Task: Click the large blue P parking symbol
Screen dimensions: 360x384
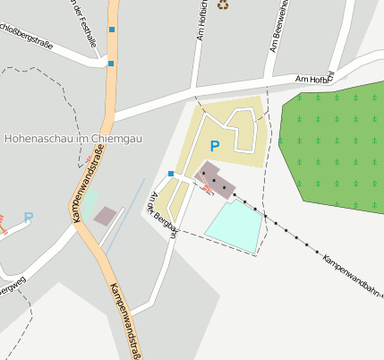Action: pos(213,145)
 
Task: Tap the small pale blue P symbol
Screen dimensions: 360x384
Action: pos(28,217)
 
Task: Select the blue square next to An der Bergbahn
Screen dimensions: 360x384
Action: pos(171,173)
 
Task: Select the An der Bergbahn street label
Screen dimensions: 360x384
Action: pos(165,215)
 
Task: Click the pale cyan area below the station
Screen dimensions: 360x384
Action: pos(235,225)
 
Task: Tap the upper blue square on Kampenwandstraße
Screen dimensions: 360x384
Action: pos(112,30)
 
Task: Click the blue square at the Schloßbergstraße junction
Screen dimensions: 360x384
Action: pos(111,64)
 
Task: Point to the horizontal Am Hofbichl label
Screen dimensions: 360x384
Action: pos(315,81)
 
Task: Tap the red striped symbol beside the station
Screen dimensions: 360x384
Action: pos(209,188)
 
